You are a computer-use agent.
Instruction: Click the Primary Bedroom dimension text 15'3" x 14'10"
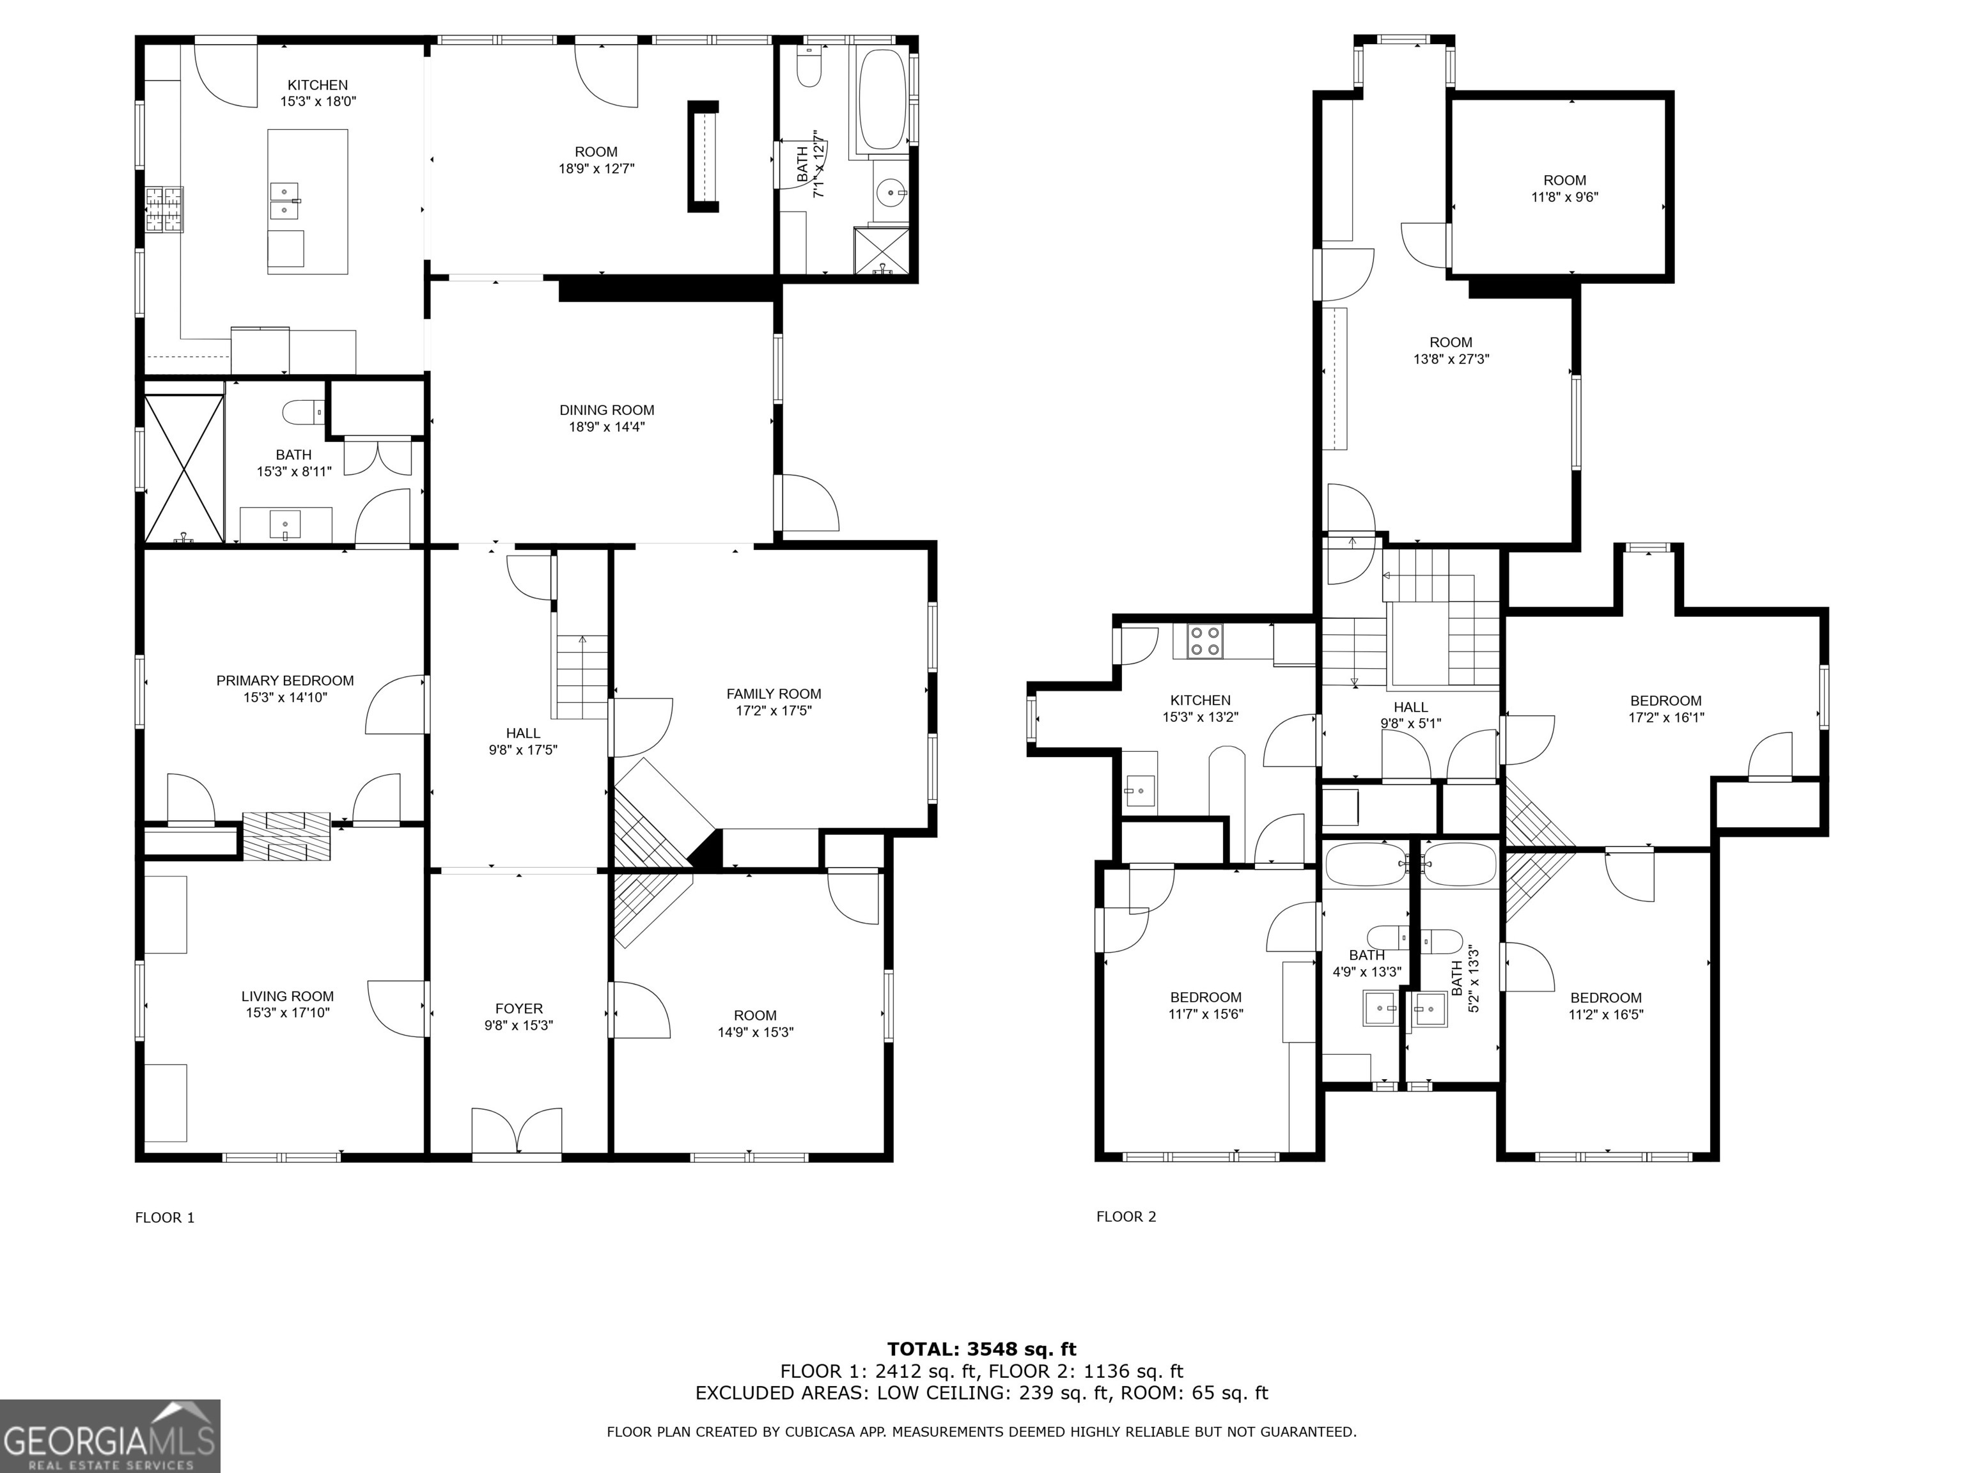[285, 698]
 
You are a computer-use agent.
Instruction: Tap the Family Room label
[774, 694]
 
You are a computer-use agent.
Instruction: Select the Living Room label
[288, 996]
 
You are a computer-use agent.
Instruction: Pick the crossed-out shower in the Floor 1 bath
[183, 469]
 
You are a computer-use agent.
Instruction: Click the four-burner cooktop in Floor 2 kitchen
[1205, 641]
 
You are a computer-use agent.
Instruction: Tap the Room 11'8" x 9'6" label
[1564, 180]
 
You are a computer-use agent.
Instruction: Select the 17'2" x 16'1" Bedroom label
[1665, 701]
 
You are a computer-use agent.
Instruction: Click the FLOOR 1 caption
[164, 1217]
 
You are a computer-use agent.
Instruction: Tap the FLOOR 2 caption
[1126, 1217]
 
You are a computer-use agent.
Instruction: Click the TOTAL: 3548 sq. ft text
[981, 1350]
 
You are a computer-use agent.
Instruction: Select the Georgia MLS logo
[109, 1436]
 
